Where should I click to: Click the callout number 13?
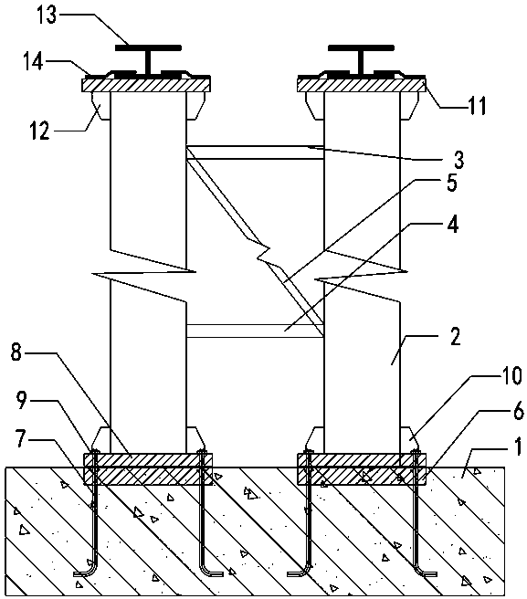tap(47, 16)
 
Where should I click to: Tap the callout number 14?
tap(33, 61)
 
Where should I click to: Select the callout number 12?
tap(39, 131)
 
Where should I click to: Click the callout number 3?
tap(459, 160)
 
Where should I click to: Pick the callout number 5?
tap(452, 183)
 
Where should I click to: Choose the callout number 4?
tap(452, 225)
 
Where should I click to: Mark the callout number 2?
tap(455, 336)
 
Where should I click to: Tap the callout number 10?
tap(511, 375)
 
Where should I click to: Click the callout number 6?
tap(518, 411)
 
